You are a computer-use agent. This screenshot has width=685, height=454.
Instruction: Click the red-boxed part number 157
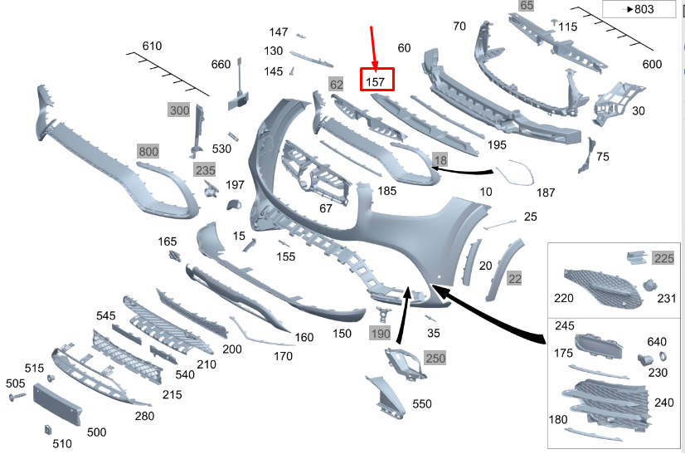click(x=376, y=81)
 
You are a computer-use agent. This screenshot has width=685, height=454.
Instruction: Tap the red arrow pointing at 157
click(x=373, y=46)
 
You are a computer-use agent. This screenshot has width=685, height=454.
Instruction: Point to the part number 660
click(x=221, y=65)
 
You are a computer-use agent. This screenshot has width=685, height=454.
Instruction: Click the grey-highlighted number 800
click(x=148, y=152)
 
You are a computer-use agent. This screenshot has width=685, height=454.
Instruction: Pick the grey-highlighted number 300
click(x=179, y=110)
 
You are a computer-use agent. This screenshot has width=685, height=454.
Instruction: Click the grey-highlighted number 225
click(x=663, y=257)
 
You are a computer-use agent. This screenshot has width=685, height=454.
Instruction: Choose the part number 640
click(x=657, y=341)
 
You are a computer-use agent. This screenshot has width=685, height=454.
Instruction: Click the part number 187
click(x=546, y=193)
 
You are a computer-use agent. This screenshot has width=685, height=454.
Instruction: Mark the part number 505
click(x=15, y=383)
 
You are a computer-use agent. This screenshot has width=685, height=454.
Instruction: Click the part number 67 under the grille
click(x=326, y=208)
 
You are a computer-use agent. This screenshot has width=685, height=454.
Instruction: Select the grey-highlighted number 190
click(x=380, y=334)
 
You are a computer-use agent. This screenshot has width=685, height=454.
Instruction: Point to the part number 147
click(x=279, y=32)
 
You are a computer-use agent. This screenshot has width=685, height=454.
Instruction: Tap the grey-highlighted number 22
click(x=515, y=279)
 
